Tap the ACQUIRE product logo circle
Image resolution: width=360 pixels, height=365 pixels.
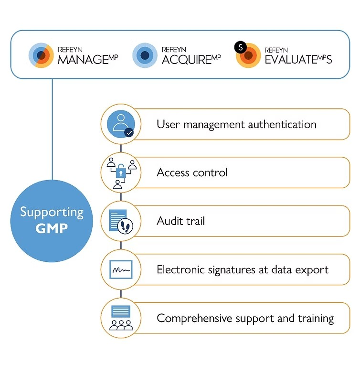point(145,55)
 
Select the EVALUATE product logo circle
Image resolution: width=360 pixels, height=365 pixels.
point(248,55)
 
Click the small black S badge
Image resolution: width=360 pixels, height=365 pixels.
point(240,47)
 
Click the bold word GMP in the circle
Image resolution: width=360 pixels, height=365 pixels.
point(51,228)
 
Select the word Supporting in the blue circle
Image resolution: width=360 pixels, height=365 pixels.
point(52,212)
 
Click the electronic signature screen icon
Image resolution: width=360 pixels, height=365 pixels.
point(121,270)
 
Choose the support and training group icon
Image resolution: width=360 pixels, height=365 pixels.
point(121,319)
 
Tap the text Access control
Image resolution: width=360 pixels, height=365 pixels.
point(192,172)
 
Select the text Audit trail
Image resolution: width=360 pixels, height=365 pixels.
point(180,221)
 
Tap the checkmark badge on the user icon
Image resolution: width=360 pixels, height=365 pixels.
point(129,132)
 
